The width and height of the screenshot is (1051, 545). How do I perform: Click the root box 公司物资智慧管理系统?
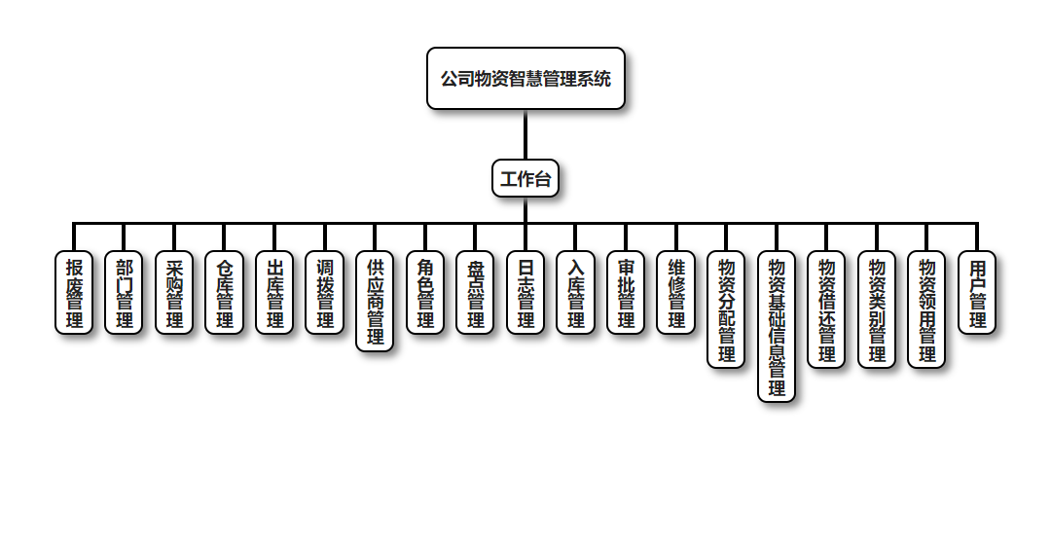(x=525, y=79)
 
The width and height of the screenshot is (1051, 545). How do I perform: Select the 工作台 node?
(x=525, y=179)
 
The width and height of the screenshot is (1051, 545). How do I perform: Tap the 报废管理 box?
(x=74, y=293)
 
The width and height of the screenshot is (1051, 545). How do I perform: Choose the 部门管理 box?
(x=125, y=293)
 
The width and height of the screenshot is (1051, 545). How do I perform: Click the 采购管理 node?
(x=175, y=293)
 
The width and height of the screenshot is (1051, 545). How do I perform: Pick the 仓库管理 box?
(x=225, y=293)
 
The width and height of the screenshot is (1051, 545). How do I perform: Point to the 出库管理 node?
(x=275, y=293)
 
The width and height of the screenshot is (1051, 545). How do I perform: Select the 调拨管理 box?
(x=325, y=293)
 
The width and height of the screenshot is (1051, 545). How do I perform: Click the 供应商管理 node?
(x=376, y=302)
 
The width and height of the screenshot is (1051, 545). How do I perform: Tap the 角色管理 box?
(x=425, y=293)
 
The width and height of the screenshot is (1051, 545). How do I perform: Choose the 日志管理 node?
(x=525, y=293)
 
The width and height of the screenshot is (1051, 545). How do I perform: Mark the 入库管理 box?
(x=576, y=293)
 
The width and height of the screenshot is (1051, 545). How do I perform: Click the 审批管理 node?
(x=626, y=293)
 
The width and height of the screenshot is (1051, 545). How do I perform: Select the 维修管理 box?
(x=676, y=293)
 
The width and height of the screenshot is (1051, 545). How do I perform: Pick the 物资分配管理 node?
(x=727, y=310)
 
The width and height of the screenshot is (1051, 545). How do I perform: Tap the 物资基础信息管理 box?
(x=777, y=327)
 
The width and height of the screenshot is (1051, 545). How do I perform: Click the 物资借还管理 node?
(x=827, y=310)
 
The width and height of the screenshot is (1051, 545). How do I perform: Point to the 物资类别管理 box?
(x=877, y=310)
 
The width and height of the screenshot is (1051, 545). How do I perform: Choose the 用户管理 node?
(x=978, y=293)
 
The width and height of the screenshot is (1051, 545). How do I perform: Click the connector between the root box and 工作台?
(x=525, y=134)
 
